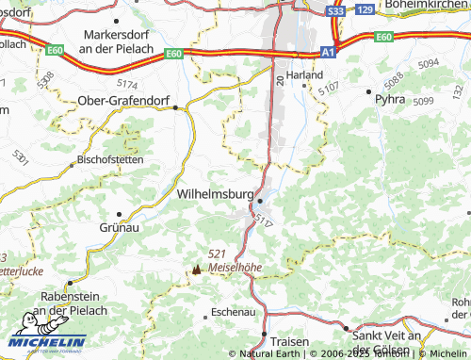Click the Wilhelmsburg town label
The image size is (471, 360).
coord(216,192)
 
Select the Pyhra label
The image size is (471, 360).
coord(389,97)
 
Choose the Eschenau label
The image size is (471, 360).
coord(234,310)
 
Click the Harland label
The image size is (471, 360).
coord(305,74)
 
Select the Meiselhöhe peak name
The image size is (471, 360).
coord(235,267)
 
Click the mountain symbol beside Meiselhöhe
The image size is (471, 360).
coord(197,269)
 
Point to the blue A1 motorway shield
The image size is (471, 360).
coord(327,53)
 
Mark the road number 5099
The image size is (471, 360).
coord(423,101)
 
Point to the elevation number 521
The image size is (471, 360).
coord(218,254)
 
